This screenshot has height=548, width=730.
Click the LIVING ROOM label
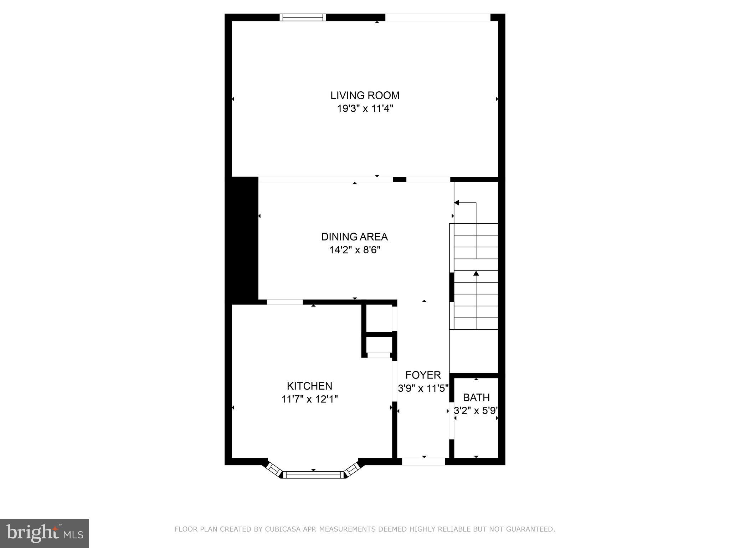click(x=365, y=95)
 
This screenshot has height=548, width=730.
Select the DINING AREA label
click(x=354, y=237)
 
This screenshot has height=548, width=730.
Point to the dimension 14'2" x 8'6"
click(x=354, y=250)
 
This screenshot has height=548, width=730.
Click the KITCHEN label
click(x=309, y=386)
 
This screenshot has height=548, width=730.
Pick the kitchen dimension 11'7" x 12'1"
click(x=309, y=399)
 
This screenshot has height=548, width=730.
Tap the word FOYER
click(x=423, y=375)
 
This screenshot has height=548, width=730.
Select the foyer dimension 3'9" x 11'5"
click(x=423, y=388)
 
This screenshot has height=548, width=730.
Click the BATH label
click(x=476, y=397)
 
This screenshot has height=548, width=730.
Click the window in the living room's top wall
click(x=303, y=17)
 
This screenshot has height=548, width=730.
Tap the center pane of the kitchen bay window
click(x=313, y=475)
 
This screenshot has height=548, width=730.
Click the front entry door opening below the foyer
click(x=423, y=462)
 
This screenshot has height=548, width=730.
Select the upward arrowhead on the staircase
click(x=476, y=274)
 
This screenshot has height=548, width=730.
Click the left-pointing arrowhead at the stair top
click(x=457, y=203)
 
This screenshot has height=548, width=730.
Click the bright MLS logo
click(x=44, y=533)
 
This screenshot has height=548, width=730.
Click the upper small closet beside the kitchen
click(x=379, y=318)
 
